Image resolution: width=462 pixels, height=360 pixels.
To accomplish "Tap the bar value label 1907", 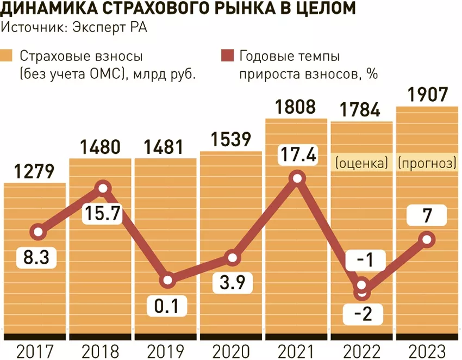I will [427, 95].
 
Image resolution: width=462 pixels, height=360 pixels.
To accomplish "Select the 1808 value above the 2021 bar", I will [296, 107].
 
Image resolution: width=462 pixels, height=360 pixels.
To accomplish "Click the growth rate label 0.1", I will [166, 307].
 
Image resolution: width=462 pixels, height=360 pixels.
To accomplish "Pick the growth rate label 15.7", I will [104, 214].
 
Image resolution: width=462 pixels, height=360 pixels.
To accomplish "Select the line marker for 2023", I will [427, 239].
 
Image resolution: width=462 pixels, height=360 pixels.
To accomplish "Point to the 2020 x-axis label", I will [232, 351].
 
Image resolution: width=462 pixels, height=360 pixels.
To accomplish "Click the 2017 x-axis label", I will [36, 351].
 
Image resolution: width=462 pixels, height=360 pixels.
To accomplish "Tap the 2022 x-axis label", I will [361, 351].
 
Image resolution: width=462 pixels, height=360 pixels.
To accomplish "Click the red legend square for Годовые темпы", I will [227, 56].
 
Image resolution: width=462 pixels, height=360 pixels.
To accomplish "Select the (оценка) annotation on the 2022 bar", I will [362, 163].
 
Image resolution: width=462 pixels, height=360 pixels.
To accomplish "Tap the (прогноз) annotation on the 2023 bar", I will [427, 163].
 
